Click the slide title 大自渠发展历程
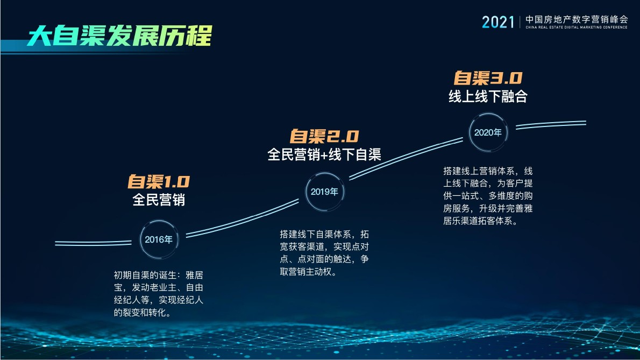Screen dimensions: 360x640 (119, 36)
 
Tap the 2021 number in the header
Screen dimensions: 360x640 (498, 21)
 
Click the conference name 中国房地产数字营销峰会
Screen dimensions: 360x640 (577, 18)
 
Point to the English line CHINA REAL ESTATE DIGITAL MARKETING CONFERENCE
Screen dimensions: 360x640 (577, 27)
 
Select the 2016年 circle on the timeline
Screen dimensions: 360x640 (159, 239)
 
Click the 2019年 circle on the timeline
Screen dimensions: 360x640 (324, 192)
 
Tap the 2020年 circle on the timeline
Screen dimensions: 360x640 (488, 132)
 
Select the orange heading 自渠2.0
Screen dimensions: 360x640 (324, 136)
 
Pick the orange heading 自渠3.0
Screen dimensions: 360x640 (488, 78)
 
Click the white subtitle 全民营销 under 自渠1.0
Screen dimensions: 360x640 (159, 200)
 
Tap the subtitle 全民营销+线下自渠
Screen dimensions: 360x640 (324, 154)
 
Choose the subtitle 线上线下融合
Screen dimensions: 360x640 (488, 96)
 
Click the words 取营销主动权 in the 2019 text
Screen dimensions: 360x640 (307, 272)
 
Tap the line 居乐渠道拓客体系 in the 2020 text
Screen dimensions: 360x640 (479, 221)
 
